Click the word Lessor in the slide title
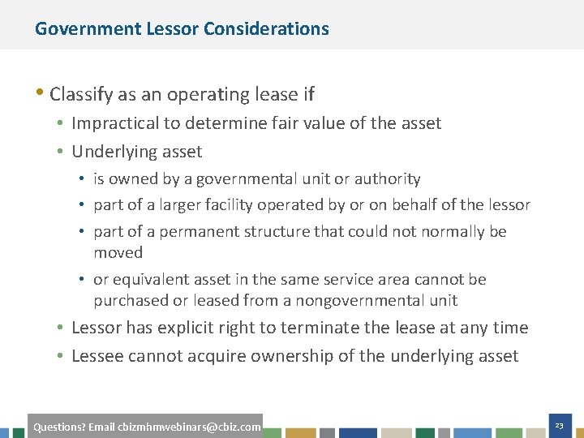pos(173,29)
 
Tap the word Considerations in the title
pos(266,29)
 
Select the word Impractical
pos(114,123)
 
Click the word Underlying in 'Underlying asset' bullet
pos(114,152)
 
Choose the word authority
pos(389,178)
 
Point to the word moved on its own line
pos(118,252)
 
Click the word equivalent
pos(150,280)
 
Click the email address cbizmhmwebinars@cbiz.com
pos(189,427)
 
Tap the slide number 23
pos(559,425)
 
